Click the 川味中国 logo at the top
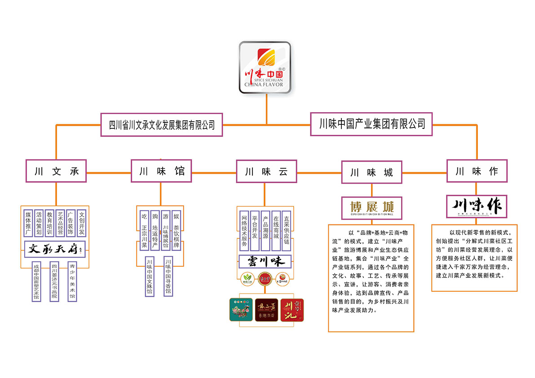[265, 67]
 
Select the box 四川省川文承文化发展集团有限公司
[162, 125]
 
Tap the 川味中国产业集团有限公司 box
[371, 124]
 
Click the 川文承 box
[56, 171]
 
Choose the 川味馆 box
[161, 171]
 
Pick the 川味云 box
[266, 171]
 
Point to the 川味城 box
[371, 172]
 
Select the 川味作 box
[477, 171]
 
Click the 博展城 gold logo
[371, 208]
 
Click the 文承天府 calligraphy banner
[55, 249]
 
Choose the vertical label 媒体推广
[28, 223]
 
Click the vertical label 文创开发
[81, 223]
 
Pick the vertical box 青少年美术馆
[72, 281]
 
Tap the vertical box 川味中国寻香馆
[168, 276]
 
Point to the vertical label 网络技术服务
[244, 231]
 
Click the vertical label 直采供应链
[286, 231]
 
